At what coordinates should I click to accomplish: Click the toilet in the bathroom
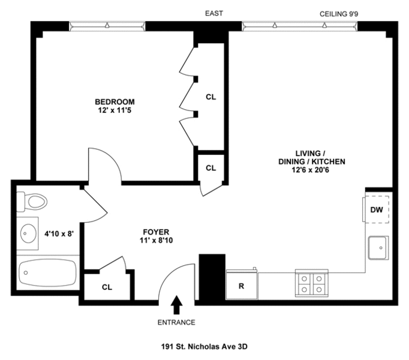pyautogui.click(x=31, y=202)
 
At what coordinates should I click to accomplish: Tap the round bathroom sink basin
pyautogui.click(x=28, y=233)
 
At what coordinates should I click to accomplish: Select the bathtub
pyautogui.click(x=48, y=272)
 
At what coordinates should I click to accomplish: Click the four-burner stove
pyautogui.click(x=312, y=283)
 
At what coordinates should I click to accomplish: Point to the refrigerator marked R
pyautogui.click(x=242, y=284)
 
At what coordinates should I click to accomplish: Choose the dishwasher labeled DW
pyautogui.click(x=377, y=209)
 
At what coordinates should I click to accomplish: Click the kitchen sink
pyautogui.click(x=378, y=248)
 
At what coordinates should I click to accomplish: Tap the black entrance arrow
pyautogui.click(x=176, y=305)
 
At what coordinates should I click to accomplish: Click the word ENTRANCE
pyautogui.click(x=176, y=322)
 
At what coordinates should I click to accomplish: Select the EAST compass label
pyautogui.click(x=214, y=13)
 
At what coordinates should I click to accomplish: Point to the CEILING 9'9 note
pyautogui.click(x=339, y=14)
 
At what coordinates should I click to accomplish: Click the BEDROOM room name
pyautogui.click(x=115, y=101)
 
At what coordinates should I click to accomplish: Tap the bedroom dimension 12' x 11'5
pyautogui.click(x=115, y=110)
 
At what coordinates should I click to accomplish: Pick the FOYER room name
pyautogui.click(x=156, y=232)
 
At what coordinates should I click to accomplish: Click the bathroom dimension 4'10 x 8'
pyautogui.click(x=59, y=233)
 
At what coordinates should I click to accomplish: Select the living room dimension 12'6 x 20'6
pyautogui.click(x=311, y=170)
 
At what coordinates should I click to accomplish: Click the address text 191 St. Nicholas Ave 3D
pyautogui.click(x=204, y=347)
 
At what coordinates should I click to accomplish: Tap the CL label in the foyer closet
pyautogui.click(x=107, y=287)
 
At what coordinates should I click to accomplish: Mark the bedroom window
pyautogui.click(x=107, y=26)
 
